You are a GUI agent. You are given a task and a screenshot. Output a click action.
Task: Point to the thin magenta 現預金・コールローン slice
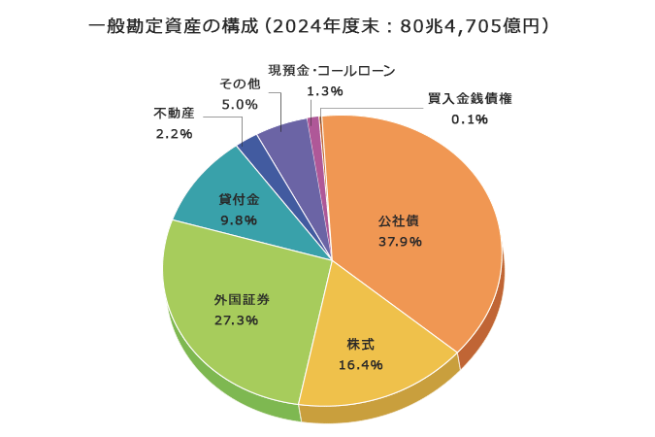coord(314,123)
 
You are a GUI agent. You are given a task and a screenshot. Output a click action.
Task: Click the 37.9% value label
coord(399,242)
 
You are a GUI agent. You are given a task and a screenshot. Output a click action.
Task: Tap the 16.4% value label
coord(361,365)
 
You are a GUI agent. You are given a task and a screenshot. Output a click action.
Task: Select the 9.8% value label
coord(239,220)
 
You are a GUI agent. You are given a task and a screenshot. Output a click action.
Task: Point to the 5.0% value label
coord(239,104)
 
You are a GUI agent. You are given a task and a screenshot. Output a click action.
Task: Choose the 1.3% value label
coord(324,91)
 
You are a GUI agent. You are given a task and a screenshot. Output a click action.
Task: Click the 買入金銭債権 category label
coord(470,98)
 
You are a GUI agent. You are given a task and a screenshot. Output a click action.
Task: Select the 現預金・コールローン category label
coord(332,70)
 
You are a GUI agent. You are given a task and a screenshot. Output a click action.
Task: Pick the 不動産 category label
coord(175,113)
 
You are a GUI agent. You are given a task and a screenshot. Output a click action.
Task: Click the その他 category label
coord(239,84)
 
